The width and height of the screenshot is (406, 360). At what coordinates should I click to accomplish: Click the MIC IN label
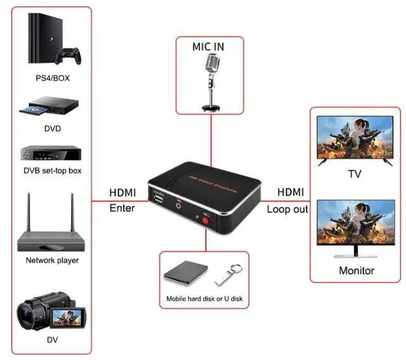point(209,46)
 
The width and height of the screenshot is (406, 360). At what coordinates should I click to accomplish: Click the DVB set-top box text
point(52,171)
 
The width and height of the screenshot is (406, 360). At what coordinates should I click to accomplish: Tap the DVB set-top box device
point(51,154)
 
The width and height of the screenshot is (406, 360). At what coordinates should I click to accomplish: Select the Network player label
point(52,260)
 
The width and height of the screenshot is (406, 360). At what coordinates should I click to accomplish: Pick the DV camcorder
point(51,312)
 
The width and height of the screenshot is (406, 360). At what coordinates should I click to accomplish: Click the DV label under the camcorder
point(52,340)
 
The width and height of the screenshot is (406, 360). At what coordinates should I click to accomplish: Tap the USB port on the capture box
point(158,200)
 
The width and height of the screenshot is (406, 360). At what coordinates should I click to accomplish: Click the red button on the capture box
point(207,226)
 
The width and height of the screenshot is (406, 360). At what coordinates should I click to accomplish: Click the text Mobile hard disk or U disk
point(204,298)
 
